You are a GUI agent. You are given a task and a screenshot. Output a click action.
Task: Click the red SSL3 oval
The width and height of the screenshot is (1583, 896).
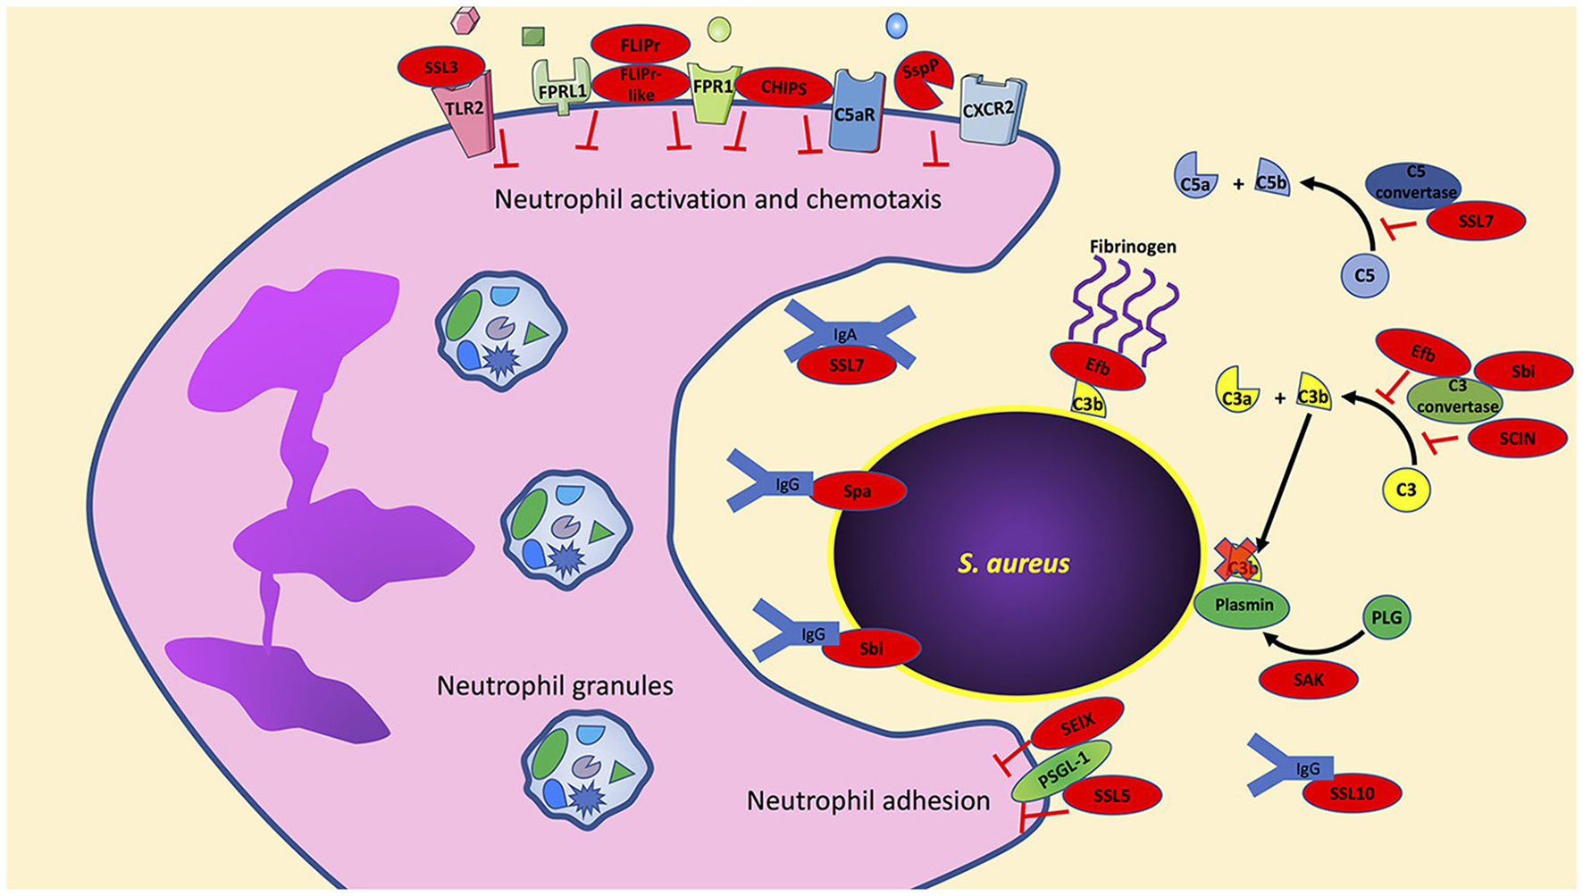point(441,66)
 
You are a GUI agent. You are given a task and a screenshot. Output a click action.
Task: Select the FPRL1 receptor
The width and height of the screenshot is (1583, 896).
point(562,90)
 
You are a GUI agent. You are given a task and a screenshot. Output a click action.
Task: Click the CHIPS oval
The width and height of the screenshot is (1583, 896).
point(783,88)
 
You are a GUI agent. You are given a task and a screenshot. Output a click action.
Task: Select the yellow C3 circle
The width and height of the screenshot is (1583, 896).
point(1405,490)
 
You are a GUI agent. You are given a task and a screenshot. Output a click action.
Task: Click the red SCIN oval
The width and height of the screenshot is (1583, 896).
point(1517,438)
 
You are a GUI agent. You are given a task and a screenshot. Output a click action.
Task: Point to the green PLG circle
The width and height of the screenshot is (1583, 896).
point(1386,616)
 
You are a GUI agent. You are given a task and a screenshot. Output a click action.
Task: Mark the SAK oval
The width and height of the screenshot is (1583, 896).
point(1308,680)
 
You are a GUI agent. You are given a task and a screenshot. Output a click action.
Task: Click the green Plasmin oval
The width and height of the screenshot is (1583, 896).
point(1244,605)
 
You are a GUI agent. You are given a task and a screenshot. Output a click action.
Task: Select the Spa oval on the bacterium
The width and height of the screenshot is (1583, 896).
point(857,491)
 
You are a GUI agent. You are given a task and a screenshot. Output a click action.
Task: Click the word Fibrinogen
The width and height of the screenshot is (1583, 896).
point(1132,247)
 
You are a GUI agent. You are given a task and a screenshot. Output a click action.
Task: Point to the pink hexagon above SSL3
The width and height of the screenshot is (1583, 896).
point(465,19)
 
